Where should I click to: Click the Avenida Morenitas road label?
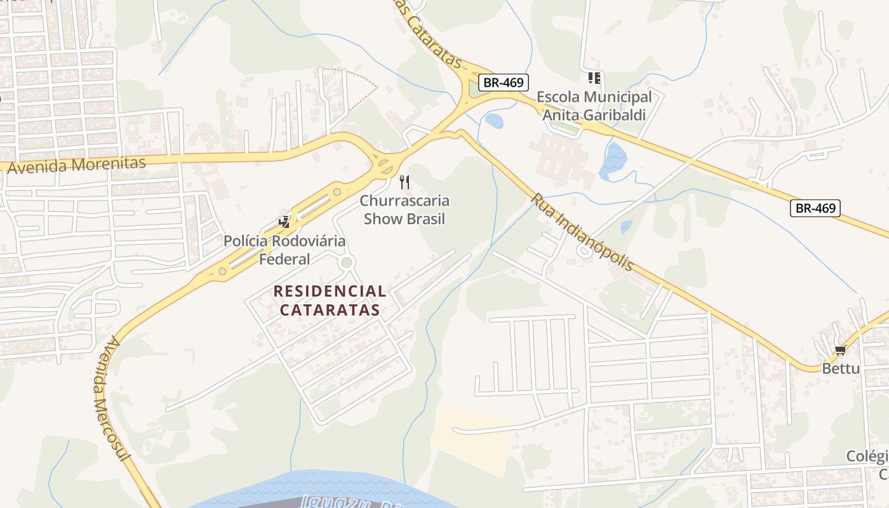tap(77, 165)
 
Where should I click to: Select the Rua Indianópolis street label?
tap(582, 232)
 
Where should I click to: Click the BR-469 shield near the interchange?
tap(503, 82)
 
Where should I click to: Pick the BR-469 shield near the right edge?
tap(815, 208)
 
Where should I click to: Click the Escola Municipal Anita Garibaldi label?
tap(594, 106)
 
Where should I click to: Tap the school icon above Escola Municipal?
tap(594, 78)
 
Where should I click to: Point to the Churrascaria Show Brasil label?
tap(404, 210)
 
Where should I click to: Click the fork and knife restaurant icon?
tap(404, 183)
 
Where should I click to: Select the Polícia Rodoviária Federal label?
tap(284, 250)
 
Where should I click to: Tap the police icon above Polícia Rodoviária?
tap(284, 222)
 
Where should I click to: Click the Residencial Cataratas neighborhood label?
tap(330, 300)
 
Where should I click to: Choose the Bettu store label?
tap(841, 368)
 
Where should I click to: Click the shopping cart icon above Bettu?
tap(841, 350)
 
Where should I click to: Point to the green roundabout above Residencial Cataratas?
tap(346, 262)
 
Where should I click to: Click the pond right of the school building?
tap(613, 159)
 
